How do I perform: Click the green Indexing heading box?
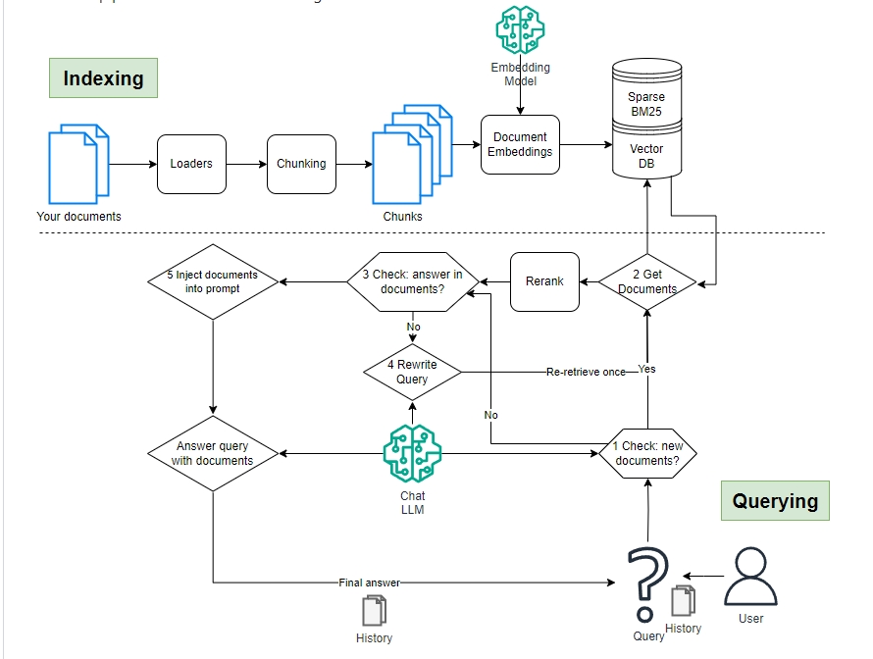[103, 78]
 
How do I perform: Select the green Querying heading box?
[775, 500]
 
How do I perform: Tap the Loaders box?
[191, 164]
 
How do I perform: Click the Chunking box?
[301, 164]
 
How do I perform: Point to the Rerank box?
[544, 281]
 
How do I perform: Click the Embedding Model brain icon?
[520, 30]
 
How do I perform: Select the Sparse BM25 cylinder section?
[646, 104]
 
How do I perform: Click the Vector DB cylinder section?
[646, 156]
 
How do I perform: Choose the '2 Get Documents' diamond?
[647, 282]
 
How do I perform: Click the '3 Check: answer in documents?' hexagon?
[412, 281]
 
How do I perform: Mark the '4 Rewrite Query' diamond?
[412, 372]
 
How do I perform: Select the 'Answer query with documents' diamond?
[213, 453]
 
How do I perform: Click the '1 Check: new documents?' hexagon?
[647, 453]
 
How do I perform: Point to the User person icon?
[750, 576]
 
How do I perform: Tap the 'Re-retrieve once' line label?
[586, 372]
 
